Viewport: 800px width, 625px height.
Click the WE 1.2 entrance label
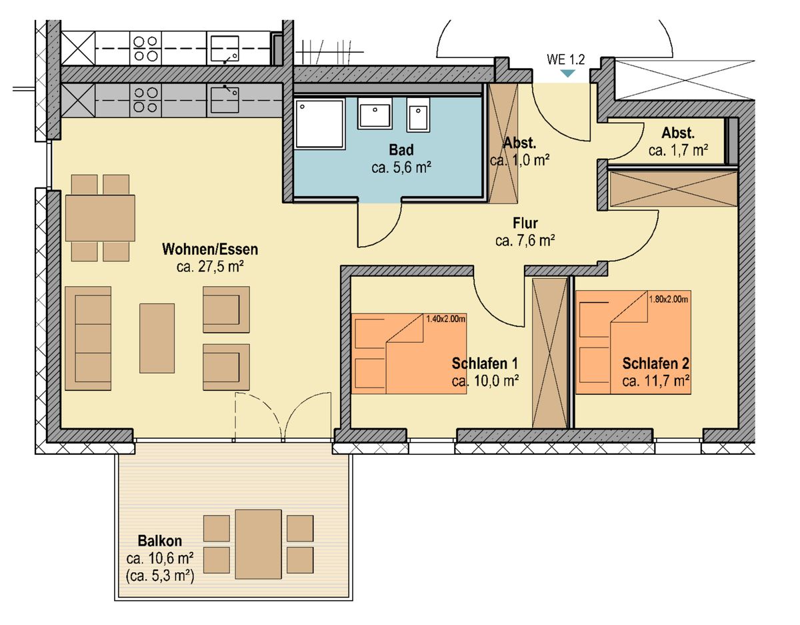point(565,59)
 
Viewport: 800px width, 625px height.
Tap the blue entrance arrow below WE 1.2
point(568,73)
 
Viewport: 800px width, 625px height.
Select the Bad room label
point(401,150)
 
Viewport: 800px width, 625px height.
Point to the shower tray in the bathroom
point(319,124)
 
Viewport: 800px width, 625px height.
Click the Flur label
point(525,223)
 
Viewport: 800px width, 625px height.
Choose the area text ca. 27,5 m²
point(210,267)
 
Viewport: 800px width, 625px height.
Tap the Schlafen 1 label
point(485,364)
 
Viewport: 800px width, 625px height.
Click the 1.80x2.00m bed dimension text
point(669,299)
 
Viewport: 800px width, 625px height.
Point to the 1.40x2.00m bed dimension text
point(446,319)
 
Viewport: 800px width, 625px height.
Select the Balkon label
point(160,541)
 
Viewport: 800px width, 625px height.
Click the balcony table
point(259,544)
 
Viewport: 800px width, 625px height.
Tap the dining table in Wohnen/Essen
point(100,218)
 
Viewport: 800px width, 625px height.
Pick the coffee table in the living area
point(157,338)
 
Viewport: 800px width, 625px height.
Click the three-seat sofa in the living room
point(88,338)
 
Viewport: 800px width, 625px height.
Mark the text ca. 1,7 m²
point(678,150)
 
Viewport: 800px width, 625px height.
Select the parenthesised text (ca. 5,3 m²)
point(160,575)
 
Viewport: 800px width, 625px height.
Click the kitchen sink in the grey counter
point(225,99)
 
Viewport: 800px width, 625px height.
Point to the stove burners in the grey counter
point(145,99)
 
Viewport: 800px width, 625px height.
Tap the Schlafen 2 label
point(656,364)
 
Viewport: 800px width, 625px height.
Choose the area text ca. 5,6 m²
point(401,168)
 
